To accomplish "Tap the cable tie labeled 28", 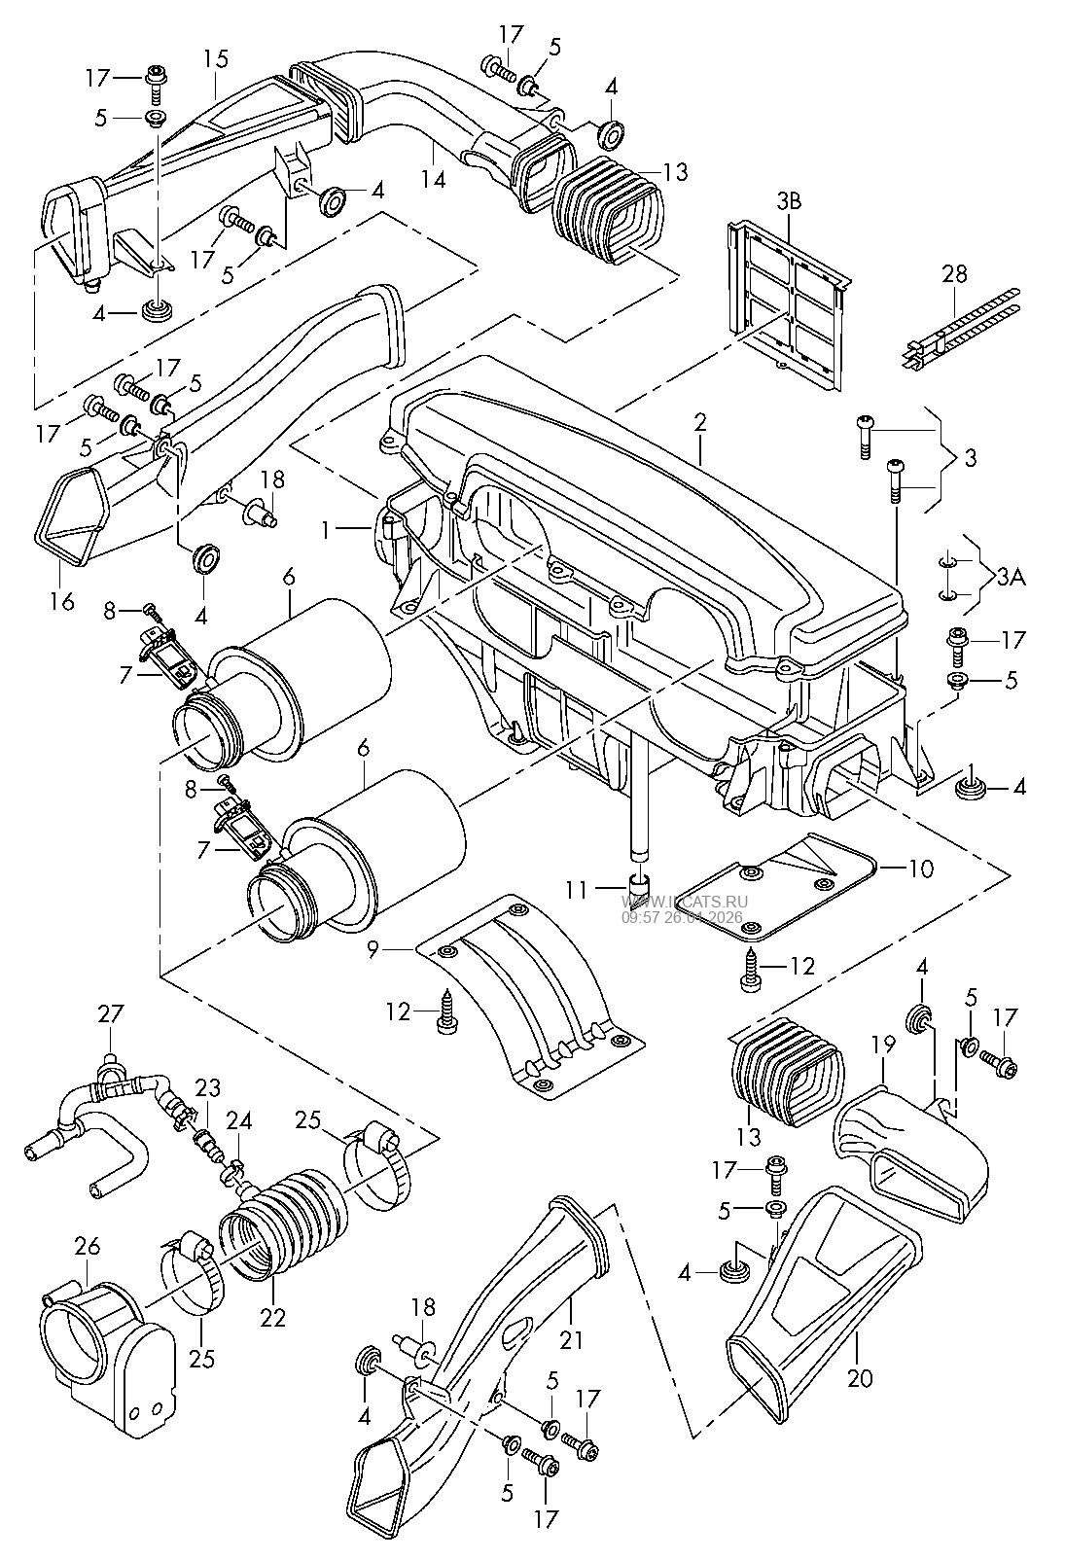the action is point(961,328).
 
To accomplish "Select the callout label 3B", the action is point(789,201).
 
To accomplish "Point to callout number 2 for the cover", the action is point(699,422).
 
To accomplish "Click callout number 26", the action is point(88,1246).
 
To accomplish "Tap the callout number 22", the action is point(272,1318).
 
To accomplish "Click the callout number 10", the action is point(921,869).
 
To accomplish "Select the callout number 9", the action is point(373,949).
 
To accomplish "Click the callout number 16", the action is point(62,601).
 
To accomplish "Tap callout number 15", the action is point(216,58).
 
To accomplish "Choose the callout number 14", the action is point(433,179).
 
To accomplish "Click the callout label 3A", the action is point(1012,577).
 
